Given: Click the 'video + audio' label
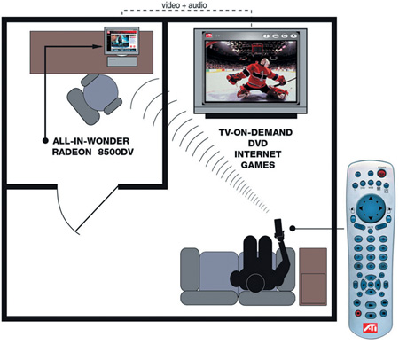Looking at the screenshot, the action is click(184, 5).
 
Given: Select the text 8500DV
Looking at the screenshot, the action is click(116, 152).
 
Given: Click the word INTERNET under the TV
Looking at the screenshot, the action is click(257, 154).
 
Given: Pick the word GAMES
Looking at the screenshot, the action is click(258, 165).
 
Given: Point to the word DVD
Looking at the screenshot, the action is click(258, 143).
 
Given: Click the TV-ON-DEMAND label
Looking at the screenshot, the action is click(255, 132).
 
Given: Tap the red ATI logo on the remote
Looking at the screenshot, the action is click(370, 327).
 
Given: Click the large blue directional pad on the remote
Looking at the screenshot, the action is click(371, 208).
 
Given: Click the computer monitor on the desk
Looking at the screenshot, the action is click(121, 41).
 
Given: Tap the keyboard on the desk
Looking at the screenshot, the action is click(122, 61).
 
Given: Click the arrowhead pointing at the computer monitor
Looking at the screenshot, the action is click(97, 46).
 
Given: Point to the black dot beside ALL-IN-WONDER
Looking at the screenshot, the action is click(45, 141).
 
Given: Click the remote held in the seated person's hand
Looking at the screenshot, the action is click(278, 228).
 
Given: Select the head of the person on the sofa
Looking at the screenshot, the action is click(256, 283).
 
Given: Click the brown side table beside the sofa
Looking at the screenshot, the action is click(313, 277).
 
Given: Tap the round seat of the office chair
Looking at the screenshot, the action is click(100, 92).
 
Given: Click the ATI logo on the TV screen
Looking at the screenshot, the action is click(209, 35).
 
